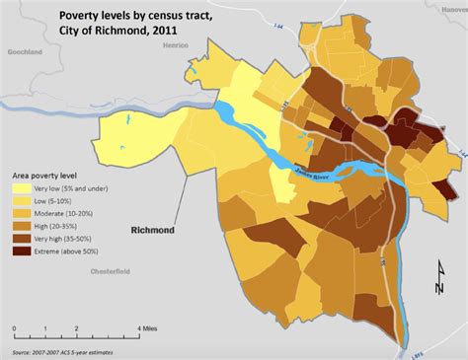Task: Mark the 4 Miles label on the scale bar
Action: [x=147, y=327]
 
